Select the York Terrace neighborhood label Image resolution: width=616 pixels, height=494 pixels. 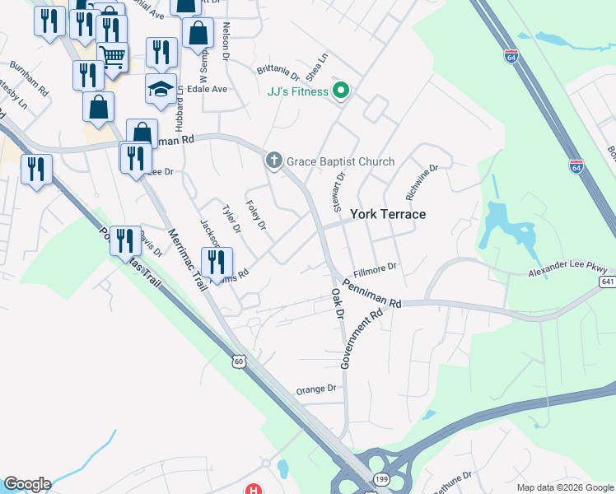tap(388, 214)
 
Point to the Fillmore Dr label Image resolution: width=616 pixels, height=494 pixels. tap(376, 267)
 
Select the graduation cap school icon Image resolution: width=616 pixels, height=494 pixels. tap(161, 89)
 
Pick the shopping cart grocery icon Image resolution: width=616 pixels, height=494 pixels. tap(112, 55)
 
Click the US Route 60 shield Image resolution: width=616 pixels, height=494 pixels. tap(239, 361)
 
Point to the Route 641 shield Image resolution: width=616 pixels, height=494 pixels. tap(608, 282)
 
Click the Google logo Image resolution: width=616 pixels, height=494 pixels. tap(26, 484)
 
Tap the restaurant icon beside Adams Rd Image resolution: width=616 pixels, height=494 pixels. tap(217, 263)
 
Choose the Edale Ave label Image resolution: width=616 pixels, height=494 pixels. tap(207, 89)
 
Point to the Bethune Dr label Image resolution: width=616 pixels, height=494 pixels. tap(450, 476)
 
